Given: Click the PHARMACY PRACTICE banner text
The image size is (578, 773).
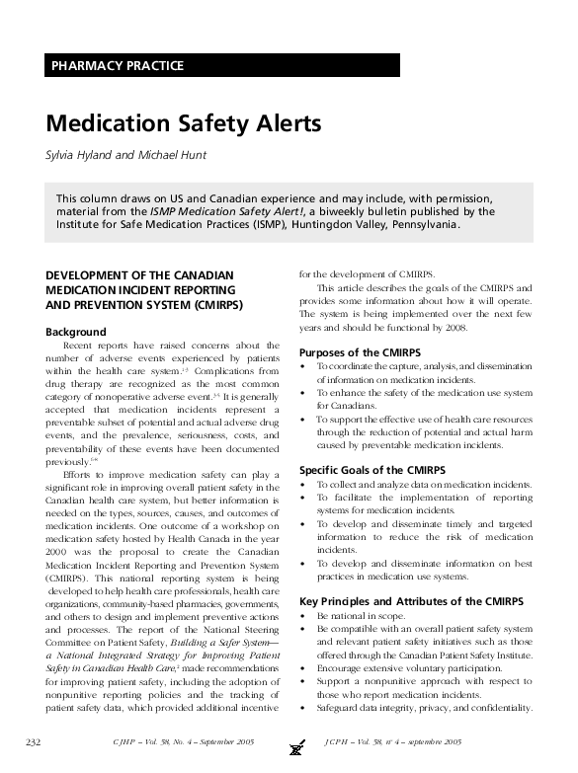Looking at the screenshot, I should (x=117, y=66).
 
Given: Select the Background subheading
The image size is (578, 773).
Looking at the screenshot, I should (x=76, y=332).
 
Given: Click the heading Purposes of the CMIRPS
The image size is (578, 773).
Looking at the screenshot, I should (x=361, y=352).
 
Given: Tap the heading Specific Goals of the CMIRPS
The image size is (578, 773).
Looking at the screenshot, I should (x=372, y=470).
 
